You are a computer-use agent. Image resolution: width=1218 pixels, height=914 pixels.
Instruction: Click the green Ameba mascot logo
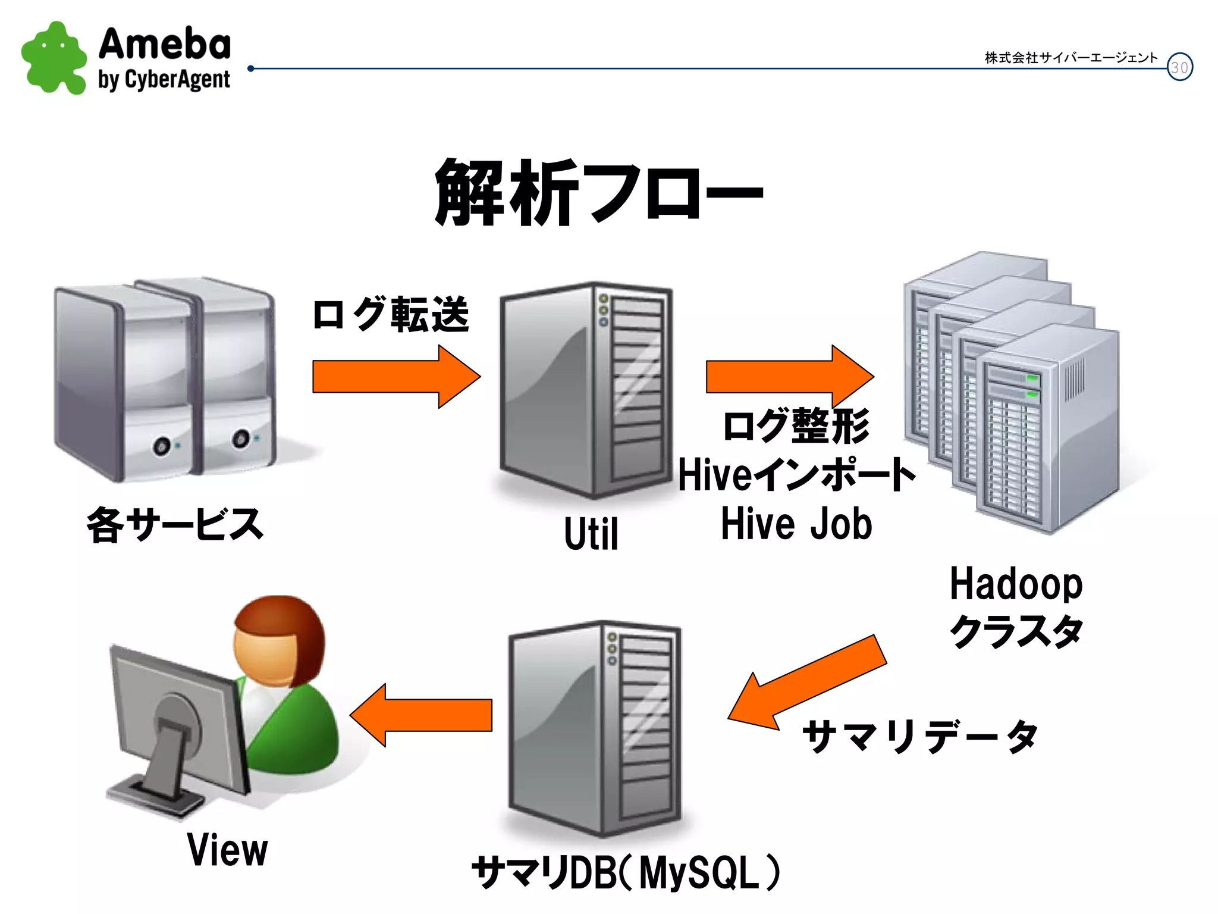[54, 58]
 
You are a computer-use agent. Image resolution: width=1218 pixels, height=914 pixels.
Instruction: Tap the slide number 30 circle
[1179, 67]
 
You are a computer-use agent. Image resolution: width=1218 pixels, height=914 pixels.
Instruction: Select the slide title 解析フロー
[598, 193]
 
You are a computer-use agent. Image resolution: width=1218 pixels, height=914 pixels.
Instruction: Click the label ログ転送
[390, 314]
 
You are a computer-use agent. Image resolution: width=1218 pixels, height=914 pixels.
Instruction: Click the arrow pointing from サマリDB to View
[422, 715]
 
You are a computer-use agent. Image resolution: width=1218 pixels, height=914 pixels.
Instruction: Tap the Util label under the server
[591, 534]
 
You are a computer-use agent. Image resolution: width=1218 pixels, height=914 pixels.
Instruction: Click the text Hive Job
[796, 524]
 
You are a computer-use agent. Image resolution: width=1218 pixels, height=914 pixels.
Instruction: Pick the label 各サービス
[175, 525]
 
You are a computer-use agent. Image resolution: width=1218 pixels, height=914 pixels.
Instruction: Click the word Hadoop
[1016, 584]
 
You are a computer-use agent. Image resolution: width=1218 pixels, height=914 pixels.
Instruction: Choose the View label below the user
[227, 850]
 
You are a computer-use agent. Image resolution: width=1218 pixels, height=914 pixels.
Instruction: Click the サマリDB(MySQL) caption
[625, 872]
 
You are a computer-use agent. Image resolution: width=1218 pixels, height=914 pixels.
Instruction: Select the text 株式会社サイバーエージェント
[1071, 58]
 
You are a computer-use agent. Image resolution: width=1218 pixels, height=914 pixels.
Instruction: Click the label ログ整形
[796, 425]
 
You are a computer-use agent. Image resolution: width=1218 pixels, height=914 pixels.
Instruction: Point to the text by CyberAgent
[164, 80]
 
